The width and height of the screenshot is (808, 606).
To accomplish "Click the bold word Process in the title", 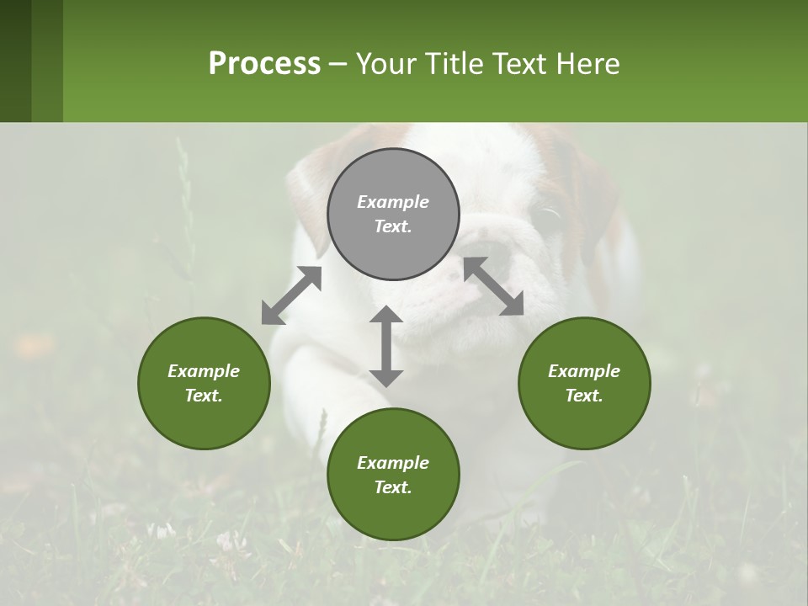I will click(264, 63).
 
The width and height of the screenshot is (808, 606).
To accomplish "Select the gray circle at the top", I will click(393, 214).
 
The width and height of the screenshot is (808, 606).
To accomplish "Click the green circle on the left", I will click(204, 383).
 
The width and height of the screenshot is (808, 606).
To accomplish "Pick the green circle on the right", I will click(584, 383).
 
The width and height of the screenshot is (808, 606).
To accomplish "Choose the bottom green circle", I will click(393, 475).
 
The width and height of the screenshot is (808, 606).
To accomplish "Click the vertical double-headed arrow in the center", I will click(386, 346).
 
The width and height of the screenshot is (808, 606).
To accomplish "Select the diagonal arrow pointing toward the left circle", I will click(291, 295).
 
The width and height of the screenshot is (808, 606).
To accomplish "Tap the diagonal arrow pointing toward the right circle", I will click(493, 286).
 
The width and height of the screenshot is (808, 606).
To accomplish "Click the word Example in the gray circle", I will click(393, 202).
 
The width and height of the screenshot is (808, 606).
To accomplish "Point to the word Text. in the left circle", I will click(204, 396).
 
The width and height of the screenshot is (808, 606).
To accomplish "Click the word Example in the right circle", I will click(584, 371).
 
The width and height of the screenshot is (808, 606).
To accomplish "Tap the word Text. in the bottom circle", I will click(393, 487).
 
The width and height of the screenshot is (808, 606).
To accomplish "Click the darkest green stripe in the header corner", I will click(15, 61).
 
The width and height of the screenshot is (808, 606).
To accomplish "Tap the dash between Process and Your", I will click(338, 64).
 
